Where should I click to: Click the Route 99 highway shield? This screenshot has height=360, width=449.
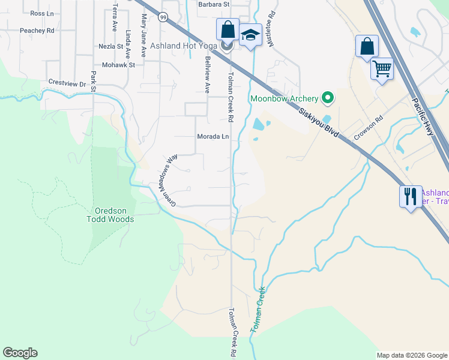pyautogui.click(x=163, y=17)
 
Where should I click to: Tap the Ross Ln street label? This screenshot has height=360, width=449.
pyautogui.click(x=41, y=13)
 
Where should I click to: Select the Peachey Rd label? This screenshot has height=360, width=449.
pyautogui.click(x=37, y=30)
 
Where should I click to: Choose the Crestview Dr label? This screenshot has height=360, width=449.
pyautogui.click(x=67, y=83)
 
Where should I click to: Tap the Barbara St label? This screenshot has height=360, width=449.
pyautogui.click(x=214, y=4)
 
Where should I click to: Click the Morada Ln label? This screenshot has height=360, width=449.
pyautogui.click(x=213, y=137)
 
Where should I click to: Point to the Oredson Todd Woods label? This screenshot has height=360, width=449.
pyautogui.click(x=114, y=215)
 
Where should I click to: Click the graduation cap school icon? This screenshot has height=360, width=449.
pyautogui.click(x=249, y=35)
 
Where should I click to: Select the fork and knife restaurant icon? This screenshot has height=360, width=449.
pyautogui.click(x=411, y=196)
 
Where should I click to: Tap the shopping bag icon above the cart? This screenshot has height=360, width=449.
pyautogui.click(x=366, y=46)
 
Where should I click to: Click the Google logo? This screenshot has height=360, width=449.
pyautogui.click(x=20, y=353)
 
